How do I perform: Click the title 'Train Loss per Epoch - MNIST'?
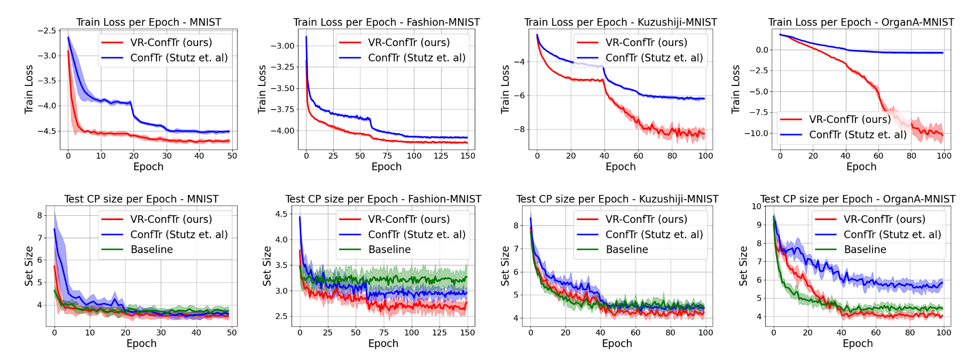[x=148, y=22]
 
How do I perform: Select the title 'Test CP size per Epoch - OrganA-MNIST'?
[x=858, y=199]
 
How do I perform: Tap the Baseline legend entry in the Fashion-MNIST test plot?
[x=389, y=249]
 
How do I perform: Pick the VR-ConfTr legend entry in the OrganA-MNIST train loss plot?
[x=850, y=119]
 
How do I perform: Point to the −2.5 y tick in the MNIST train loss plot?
[x=46, y=30]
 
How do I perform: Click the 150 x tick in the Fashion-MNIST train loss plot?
[x=468, y=156]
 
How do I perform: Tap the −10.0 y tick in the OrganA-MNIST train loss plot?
[x=756, y=133]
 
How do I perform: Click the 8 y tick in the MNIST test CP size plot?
[x=40, y=215]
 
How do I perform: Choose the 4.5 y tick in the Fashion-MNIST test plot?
[x=280, y=214]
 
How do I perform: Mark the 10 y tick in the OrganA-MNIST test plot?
[x=756, y=206]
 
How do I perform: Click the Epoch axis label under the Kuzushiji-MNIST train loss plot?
[x=620, y=167]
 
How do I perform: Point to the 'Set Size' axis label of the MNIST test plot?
[x=29, y=266]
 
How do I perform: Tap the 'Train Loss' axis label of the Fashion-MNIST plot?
[x=262, y=89]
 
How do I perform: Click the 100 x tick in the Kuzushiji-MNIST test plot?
[x=705, y=333]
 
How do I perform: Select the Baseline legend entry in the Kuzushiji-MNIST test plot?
[x=627, y=249]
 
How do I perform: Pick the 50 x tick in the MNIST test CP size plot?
[x=232, y=333]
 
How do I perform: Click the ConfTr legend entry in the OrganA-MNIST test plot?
[x=892, y=234]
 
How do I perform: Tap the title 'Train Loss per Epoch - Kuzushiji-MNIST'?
[x=620, y=22]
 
